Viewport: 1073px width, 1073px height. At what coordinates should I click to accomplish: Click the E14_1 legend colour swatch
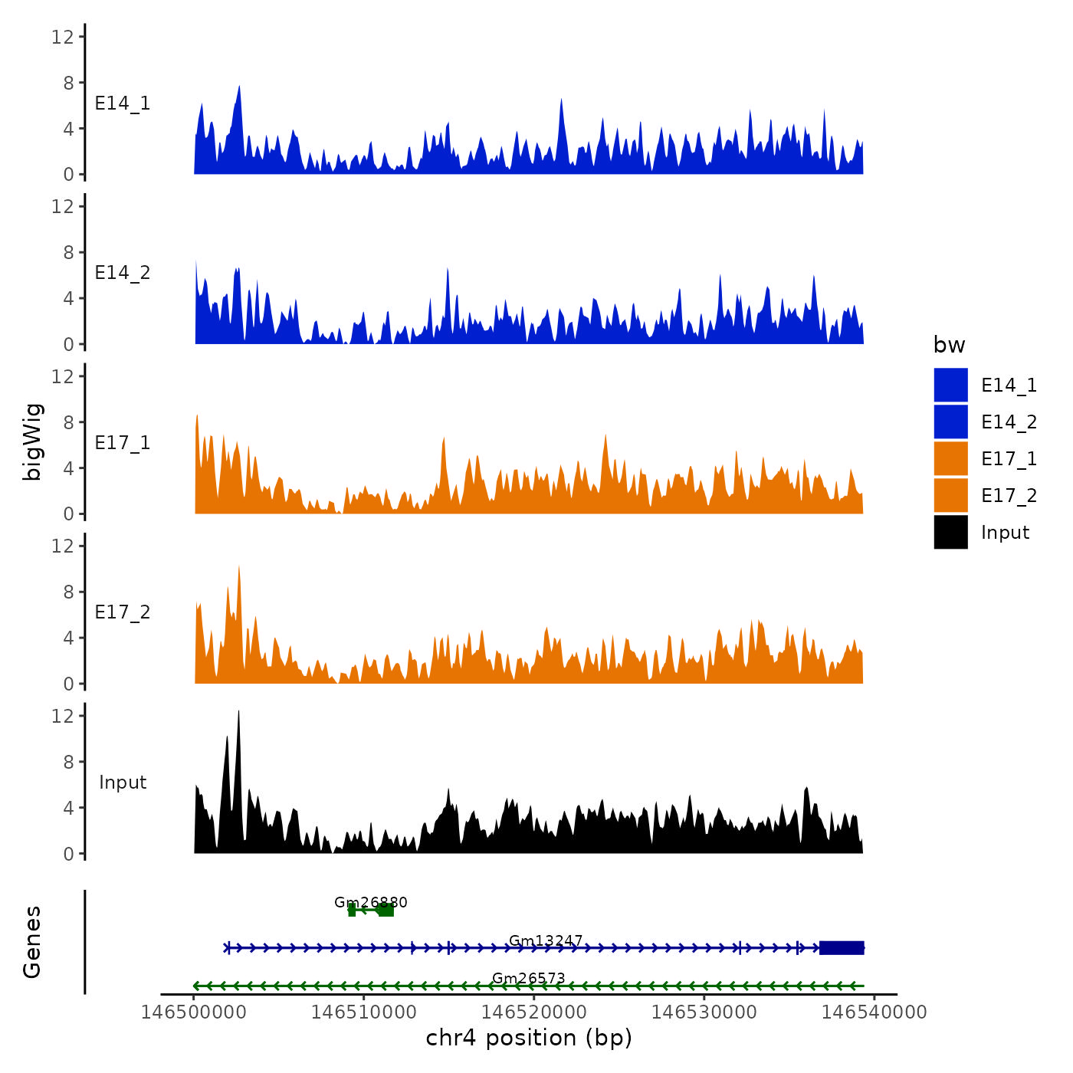(950, 385)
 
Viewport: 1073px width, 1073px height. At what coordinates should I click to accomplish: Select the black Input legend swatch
(950, 532)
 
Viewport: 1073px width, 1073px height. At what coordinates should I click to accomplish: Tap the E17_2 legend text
(1009, 496)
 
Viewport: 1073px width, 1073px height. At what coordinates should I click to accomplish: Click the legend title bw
(949, 345)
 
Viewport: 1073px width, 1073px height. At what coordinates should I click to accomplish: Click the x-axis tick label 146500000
(194, 1012)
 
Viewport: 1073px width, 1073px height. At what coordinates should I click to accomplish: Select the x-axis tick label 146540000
(874, 1012)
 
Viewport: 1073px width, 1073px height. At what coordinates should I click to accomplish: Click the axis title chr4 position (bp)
(529, 1038)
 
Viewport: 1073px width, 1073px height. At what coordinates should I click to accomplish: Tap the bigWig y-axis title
(32, 441)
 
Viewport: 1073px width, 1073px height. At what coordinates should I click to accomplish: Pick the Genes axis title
(32, 942)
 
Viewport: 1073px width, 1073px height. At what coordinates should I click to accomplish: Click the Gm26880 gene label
(371, 902)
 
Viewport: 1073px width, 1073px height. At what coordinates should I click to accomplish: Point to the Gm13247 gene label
(546, 940)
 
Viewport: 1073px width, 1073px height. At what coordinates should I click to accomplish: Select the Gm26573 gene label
(529, 978)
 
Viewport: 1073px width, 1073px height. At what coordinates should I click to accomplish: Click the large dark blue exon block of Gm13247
(842, 948)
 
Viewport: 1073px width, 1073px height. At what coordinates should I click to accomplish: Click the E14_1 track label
(123, 103)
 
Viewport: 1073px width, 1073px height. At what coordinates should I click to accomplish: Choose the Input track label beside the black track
(123, 783)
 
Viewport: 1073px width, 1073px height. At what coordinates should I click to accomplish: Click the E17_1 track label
(123, 443)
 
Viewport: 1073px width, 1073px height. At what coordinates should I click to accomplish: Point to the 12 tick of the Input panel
(63, 716)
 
